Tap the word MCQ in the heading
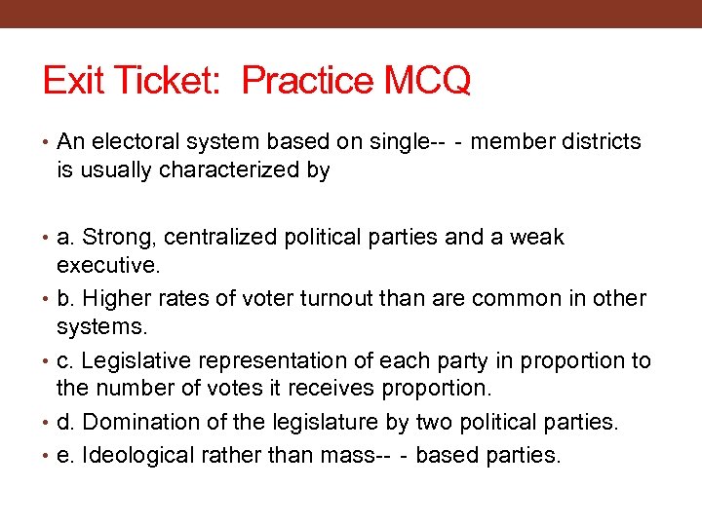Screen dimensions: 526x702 (x=428, y=81)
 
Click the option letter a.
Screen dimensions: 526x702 (x=65, y=238)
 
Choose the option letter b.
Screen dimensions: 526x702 (x=65, y=298)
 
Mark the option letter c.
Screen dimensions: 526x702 (x=64, y=360)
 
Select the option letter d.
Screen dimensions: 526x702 (x=65, y=423)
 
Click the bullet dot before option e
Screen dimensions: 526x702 (x=48, y=455)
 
